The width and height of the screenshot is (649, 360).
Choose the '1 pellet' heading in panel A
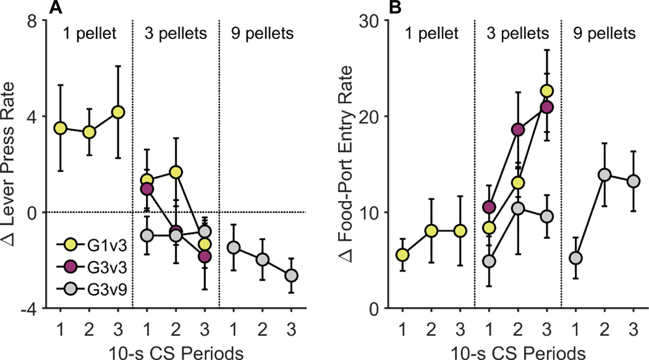90,33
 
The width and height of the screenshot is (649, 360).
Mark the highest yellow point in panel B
546,91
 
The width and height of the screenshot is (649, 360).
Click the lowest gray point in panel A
292,275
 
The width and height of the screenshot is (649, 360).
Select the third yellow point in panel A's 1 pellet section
118,112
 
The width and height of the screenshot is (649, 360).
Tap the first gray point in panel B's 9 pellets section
575,258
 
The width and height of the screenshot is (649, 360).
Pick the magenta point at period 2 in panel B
518,129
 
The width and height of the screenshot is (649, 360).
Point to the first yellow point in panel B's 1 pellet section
402,255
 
